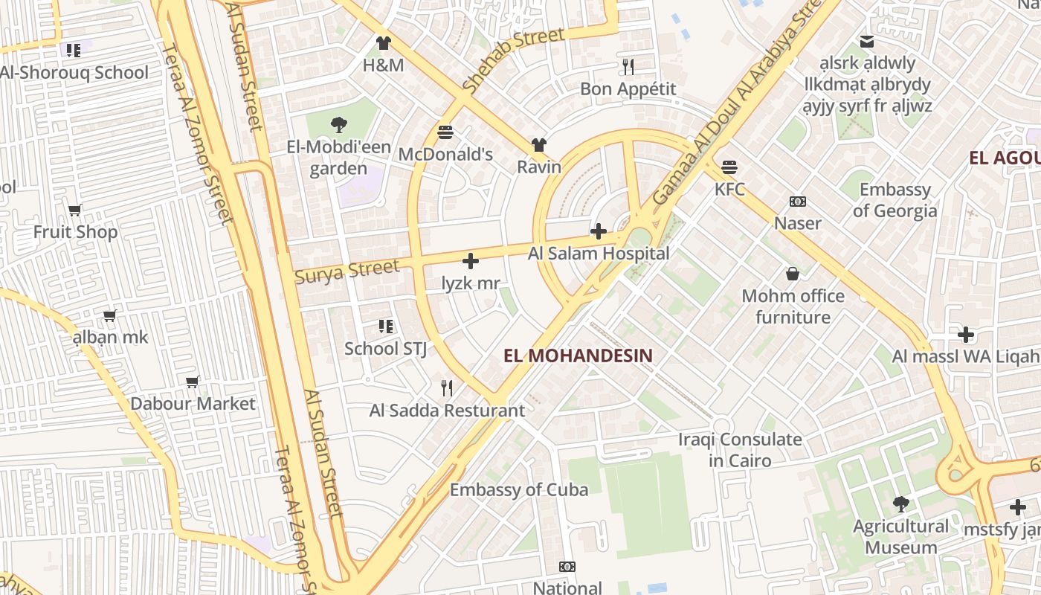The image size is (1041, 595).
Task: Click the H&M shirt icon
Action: point(383,43)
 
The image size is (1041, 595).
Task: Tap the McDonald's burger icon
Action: point(445,132)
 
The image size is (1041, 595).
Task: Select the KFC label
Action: point(729,189)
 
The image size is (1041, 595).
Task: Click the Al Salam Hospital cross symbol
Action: point(598,231)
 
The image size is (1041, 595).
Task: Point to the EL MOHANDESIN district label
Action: point(578,356)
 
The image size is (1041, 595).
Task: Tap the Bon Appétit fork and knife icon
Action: point(628,67)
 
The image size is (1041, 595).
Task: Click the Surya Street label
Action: point(347,271)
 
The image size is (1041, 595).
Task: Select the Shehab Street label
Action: point(513,60)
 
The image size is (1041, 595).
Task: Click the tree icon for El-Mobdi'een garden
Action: point(339,124)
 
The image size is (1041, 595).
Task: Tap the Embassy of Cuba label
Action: point(519,489)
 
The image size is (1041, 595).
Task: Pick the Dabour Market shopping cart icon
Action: point(193,382)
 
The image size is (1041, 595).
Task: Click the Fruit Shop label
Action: point(75,232)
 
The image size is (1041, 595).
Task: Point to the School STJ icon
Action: point(386,326)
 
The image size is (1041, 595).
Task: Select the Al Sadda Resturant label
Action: point(447,411)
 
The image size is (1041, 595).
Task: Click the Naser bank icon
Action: point(798,202)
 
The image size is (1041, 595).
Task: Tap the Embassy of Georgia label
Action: point(895,200)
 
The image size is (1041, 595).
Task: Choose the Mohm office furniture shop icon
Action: point(793,274)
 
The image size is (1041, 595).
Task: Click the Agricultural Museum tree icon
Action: point(901,504)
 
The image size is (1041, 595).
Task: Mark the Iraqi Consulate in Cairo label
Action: point(740,449)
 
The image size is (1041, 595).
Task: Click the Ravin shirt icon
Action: point(538,145)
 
